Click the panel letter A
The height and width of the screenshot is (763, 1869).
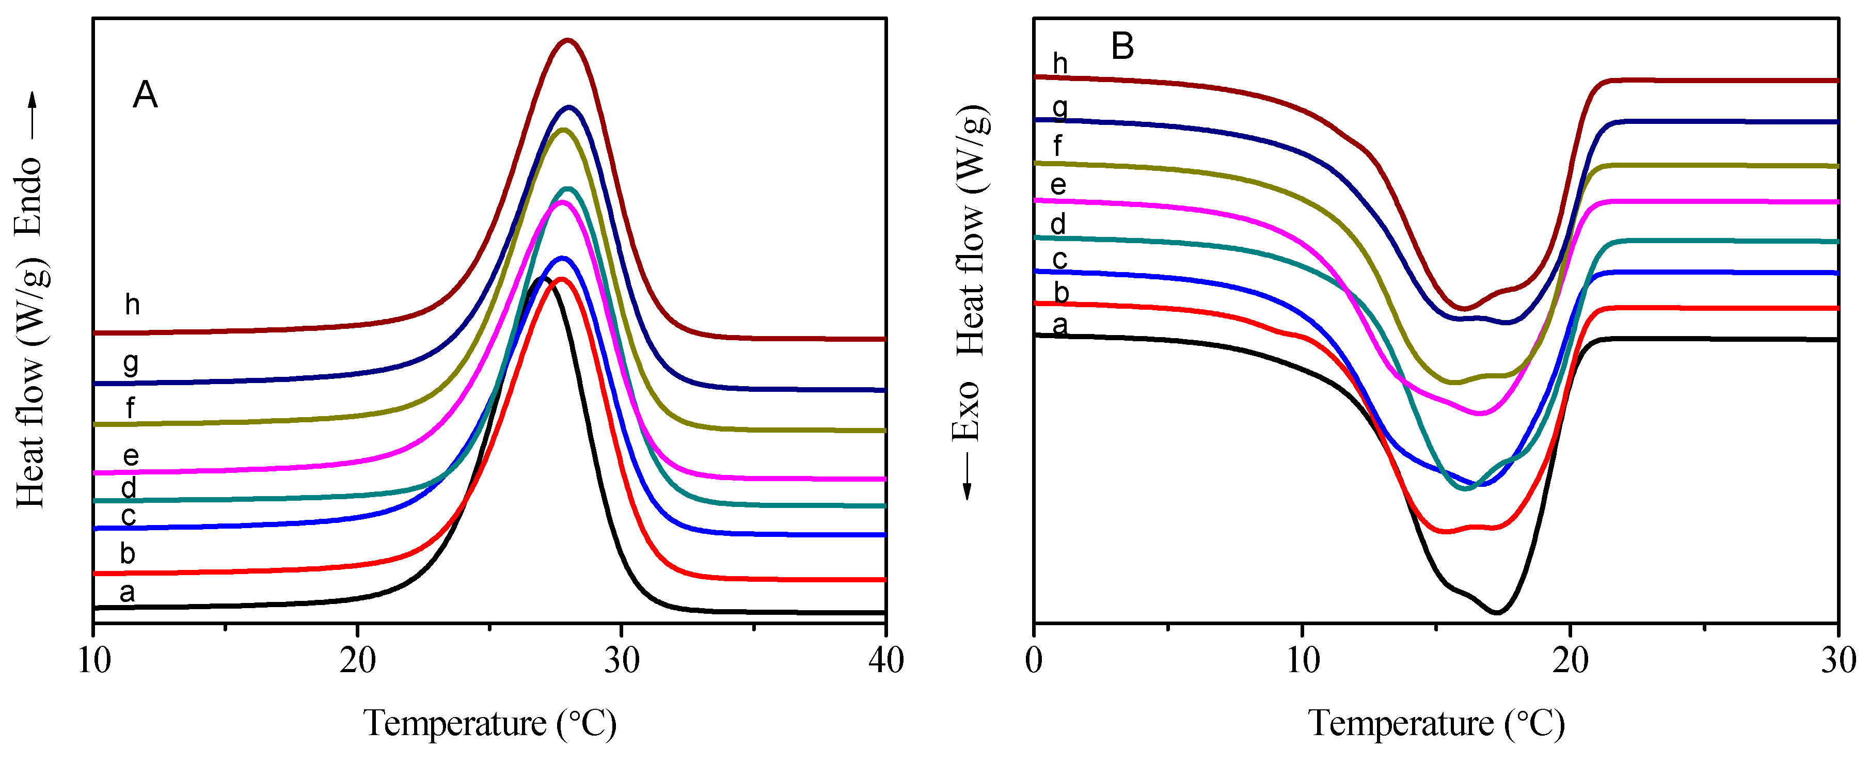point(145,95)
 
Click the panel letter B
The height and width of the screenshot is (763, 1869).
point(1122,46)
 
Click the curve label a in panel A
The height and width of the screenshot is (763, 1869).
point(127,593)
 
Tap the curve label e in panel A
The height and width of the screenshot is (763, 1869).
point(131,455)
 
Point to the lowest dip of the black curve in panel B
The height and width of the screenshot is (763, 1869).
point(1497,613)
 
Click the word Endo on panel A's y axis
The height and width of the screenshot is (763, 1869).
point(30,196)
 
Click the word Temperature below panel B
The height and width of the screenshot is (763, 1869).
point(1400,723)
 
